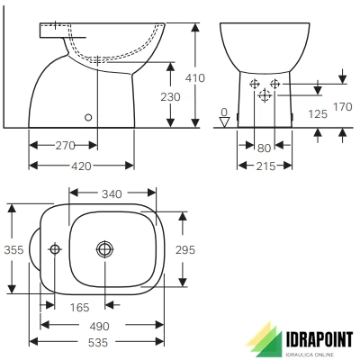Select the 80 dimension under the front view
click(x=263, y=147)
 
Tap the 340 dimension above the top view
click(x=112, y=193)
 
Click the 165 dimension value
click(x=79, y=308)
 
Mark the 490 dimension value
click(x=100, y=325)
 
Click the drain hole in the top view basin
click(x=105, y=248)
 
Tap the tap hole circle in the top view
click(x=55, y=248)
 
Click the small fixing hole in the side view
click(x=88, y=115)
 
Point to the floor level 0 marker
click(x=225, y=117)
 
